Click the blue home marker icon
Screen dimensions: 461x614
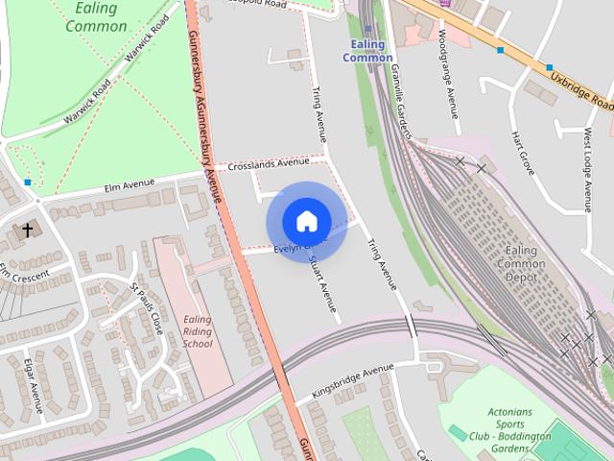coord(306,221)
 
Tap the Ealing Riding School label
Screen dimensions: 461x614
coord(198,331)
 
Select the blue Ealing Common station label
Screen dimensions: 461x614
coord(367,51)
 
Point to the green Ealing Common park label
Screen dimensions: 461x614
coord(95,17)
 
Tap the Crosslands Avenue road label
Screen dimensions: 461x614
coord(268,164)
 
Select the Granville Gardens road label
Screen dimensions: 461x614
coord(402,106)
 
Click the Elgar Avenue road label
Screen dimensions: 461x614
coord(34,384)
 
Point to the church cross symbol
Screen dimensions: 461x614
coord(28,230)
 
